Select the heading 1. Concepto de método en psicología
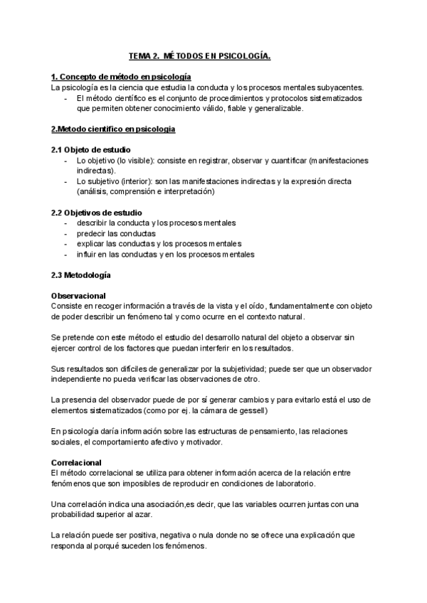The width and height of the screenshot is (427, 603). pyautogui.click(x=121, y=77)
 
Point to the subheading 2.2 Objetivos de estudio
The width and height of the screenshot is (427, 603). pyautogui.click(x=97, y=213)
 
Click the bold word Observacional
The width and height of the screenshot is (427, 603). pyautogui.click(x=79, y=296)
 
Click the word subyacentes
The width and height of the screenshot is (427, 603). pyautogui.click(x=338, y=87)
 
